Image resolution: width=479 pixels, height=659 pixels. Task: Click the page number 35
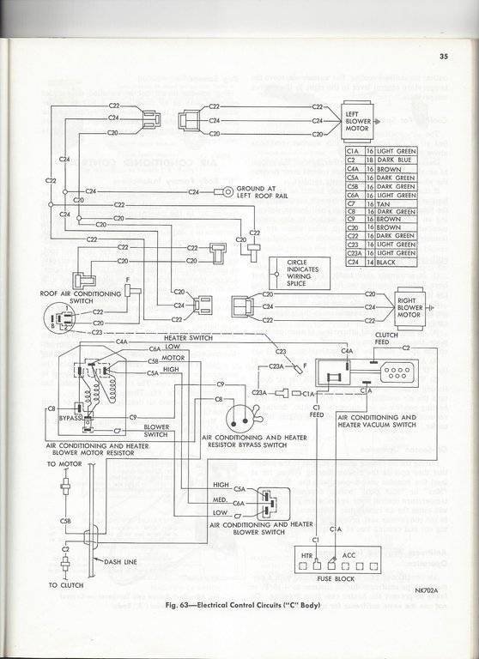click(x=442, y=57)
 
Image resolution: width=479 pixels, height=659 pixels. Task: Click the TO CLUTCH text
click(x=64, y=587)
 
